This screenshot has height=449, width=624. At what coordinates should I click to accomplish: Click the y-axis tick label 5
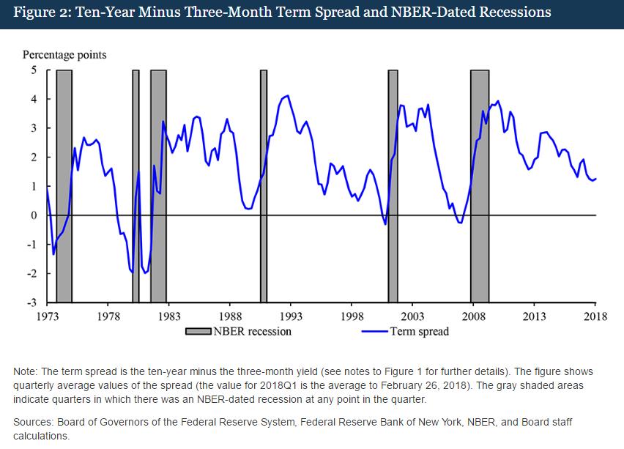point(34,70)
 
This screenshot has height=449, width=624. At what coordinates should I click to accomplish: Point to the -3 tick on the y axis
point(32,303)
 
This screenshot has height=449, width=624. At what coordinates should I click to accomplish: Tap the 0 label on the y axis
point(34,215)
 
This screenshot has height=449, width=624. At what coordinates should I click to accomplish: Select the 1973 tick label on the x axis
point(47,316)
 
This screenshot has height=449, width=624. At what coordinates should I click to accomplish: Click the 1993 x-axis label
point(290,316)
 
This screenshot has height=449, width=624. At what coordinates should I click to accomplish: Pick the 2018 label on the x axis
point(594,316)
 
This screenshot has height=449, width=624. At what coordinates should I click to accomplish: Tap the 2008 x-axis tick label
point(472,316)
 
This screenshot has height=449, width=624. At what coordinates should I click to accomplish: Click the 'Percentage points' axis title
point(64,55)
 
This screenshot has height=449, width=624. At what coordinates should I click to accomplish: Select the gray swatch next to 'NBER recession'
point(198,331)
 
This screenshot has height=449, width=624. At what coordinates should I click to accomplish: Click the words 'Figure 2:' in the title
point(37,12)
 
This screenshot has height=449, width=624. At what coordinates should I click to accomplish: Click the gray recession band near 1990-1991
point(264,183)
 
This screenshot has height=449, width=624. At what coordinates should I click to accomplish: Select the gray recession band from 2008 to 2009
point(480,183)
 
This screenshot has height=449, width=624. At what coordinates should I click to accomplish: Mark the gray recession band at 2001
point(393,183)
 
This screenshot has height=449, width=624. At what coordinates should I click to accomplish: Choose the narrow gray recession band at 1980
point(135,183)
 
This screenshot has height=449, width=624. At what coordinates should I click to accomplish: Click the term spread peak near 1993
point(287,95)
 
